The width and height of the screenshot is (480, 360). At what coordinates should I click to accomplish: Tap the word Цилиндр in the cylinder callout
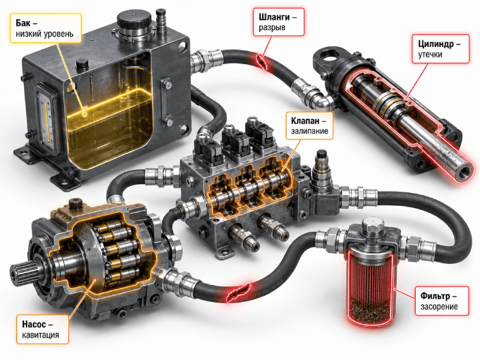(436, 44)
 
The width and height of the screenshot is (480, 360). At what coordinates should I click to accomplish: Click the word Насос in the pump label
(34, 324)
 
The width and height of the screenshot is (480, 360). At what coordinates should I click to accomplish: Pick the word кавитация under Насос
(40, 335)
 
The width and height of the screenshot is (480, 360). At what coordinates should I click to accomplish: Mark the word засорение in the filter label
(439, 307)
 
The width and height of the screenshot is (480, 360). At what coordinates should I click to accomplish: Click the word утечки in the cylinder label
(430, 55)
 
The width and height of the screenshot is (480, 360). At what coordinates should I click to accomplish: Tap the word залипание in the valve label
(309, 131)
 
